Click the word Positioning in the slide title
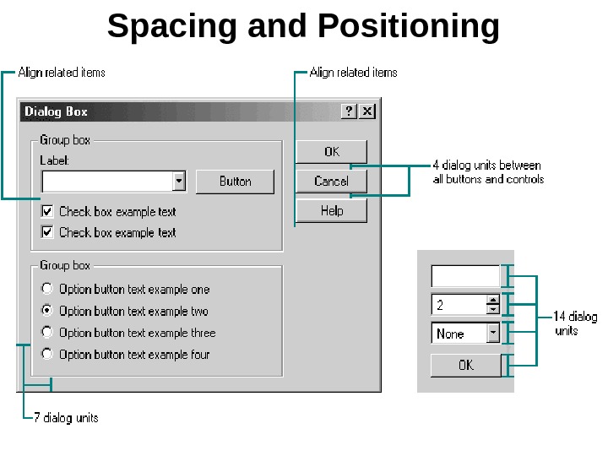click(x=409, y=26)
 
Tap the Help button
click(x=331, y=211)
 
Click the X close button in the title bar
click(x=367, y=111)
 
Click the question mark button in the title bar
click(x=350, y=111)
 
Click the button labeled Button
click(x=235, y=182)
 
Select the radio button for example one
click(x=47, y=289)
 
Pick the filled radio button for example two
click(x=47, y=311)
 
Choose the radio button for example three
click(x=47, y=333)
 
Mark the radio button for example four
click(x=47, y=355)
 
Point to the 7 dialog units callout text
click(x=66, y=418)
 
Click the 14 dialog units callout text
click(x=574, y=323)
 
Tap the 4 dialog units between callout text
click(x=487, y=171)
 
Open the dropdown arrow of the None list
click(x=493, y=334)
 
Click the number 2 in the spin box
click(x=441, y=305)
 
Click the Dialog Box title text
click(x=56, y=111)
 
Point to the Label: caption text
click(x=54, y=160)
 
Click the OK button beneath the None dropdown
click(x=465, y=366)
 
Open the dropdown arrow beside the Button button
click(x=178, y=182)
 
